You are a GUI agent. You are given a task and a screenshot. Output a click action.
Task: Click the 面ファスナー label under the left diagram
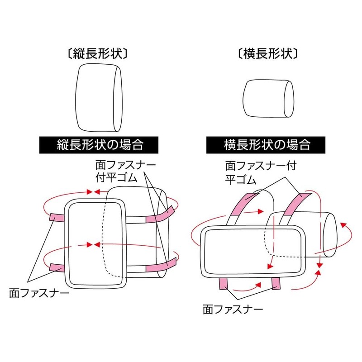tap(39, 293)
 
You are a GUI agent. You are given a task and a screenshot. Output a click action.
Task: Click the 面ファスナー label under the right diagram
tap(233, 310)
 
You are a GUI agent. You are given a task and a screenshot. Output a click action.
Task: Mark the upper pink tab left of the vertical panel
tap(58, 218)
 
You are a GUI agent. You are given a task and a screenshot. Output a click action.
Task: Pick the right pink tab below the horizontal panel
tap(276, 284)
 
